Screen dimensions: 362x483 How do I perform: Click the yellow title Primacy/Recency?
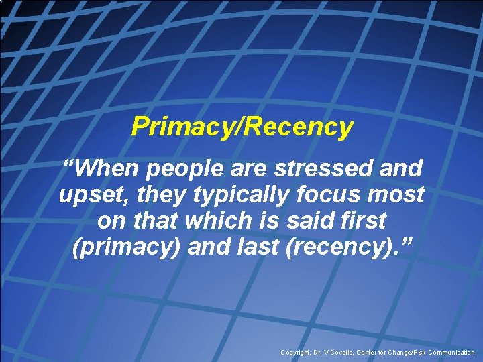click(242, 126)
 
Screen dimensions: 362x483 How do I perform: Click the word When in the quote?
click(107, 168)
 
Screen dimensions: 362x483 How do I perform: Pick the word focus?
click(328, 195)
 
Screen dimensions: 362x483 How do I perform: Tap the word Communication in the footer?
click(449, 353)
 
